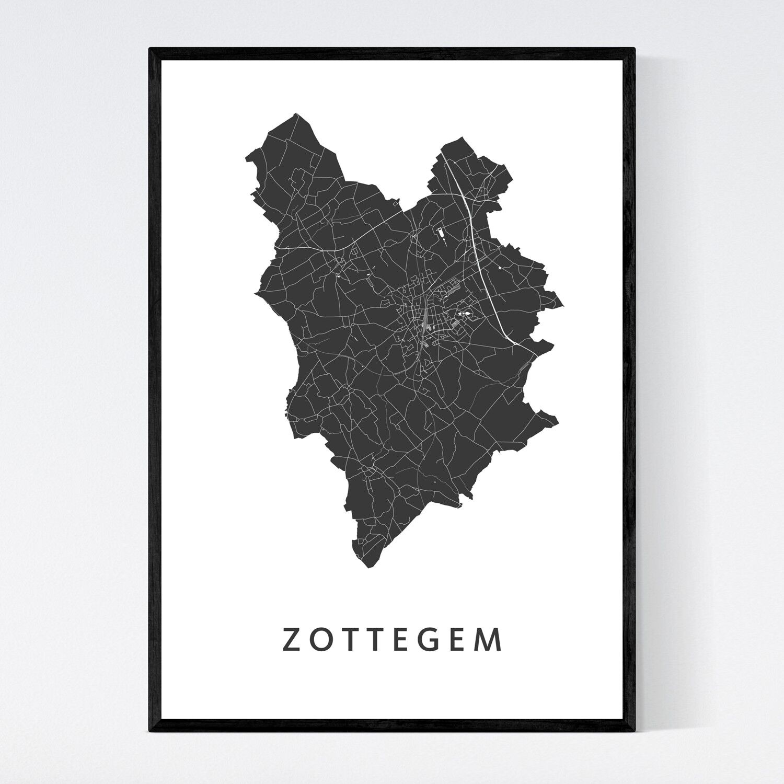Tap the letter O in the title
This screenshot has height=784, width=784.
tap(320, 640)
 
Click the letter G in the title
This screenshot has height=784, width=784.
tap(433, 640)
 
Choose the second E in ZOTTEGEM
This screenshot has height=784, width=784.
tap(463, 640)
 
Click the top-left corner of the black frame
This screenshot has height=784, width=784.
tap(150, 49)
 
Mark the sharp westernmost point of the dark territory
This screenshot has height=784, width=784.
tap(256, 294)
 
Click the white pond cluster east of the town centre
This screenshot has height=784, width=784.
tap(464, 314)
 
